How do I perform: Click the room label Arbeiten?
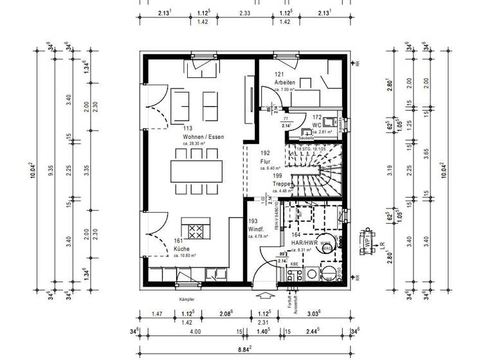pyautogui.click(x=284, y=83)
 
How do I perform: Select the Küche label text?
pyautogui.click(x=183, y=248)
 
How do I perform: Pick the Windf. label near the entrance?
pyautogui.click(x=257, y=229)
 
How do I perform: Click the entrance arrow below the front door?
pyautogui.click(x=264, y=296)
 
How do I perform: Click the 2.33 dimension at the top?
pyautogui.click(x=244, y=12)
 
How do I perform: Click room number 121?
pyautogui.click(x=279, y=75)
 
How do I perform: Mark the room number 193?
pyautogui.click(x=253, y=221)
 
